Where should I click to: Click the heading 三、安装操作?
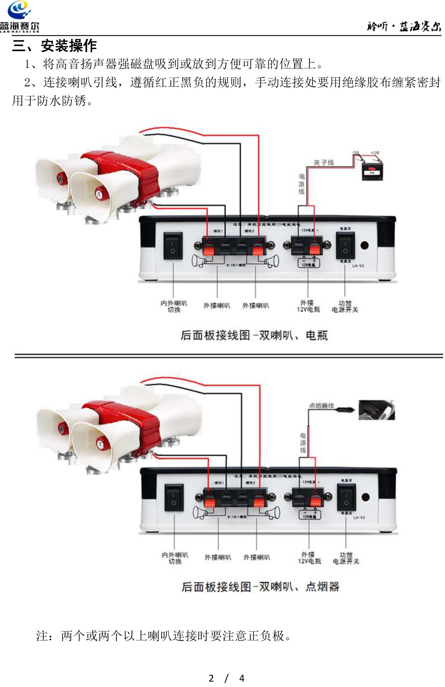tap(54, 46)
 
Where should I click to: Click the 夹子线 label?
tap(324, 162)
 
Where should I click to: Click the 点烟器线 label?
tap(321, 406)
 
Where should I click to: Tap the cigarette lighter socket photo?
tap(376, 410)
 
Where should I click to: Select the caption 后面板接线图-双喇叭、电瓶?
tap(254, 336)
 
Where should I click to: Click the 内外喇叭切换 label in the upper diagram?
tap(174, 306)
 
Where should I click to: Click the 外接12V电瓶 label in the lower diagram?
tap(309, 558)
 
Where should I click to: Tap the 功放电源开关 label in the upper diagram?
tap(345, 306)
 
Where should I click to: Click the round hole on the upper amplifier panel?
tap(365, 245)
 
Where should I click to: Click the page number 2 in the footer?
tap(211, 678)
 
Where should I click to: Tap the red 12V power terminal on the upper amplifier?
tap(315, 247)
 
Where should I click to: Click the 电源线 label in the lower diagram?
tap(303, 443)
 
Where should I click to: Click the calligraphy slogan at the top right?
tap(404, 27)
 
